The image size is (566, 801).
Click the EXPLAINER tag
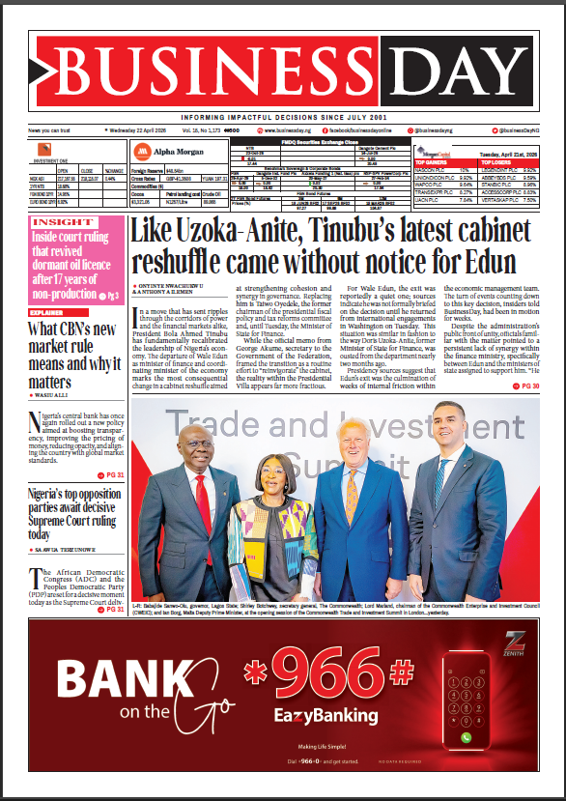[x=47, y=313]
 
